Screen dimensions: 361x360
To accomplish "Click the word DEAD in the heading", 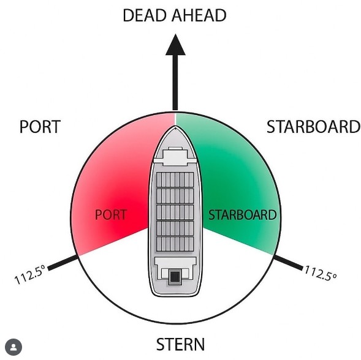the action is pyautogui.click(x=145, y=15).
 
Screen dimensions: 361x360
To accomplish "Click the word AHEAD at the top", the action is pyautogui.click(x=199, y=15).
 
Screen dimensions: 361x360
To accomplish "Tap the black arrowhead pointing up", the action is pyautogui.click(x=175, y=45).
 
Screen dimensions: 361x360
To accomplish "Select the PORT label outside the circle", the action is pyautogui.click(x=40, y=127).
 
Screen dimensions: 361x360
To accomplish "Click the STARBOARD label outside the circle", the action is pyautogui.click(x=314, y=127).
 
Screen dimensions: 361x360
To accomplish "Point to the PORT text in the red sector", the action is pyautogui.click(x=111, y=215).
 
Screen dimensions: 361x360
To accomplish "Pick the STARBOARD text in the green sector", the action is pyautogui.click(x=243, y=215).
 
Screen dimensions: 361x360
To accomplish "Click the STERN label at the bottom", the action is pyautogui.click(x=180, y=344).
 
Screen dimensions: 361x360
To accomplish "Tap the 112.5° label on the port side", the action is pyautogui.click(x=30, y=275).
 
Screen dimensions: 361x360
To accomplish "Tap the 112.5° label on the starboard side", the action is pyautogui.click(x=321, y=273).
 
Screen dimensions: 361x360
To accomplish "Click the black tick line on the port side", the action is pyautogui.click(x=63, y=263).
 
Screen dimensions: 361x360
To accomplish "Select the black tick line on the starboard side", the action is pyautogui.click(x=288, y=263).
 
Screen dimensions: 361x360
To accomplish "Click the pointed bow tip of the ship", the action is pyautogui.click(x=175, y=127).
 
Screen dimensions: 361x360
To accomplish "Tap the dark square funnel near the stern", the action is pyautogui.click(x=175, y=276).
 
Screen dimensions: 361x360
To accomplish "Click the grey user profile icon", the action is pyautogui.click(x=13, y=347).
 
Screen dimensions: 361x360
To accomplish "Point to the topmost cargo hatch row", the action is pyautogui.click(x=175, y=180).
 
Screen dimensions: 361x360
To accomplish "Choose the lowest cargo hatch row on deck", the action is pyautogui.click(x=175, y=244).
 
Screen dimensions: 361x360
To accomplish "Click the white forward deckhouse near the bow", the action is pyautogui.click(x=175, y=156).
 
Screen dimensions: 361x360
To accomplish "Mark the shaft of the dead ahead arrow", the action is pyautogui.click(x=175, y=83).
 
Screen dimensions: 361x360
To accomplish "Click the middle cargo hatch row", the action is pyautogui.click(x=175, y=212).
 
